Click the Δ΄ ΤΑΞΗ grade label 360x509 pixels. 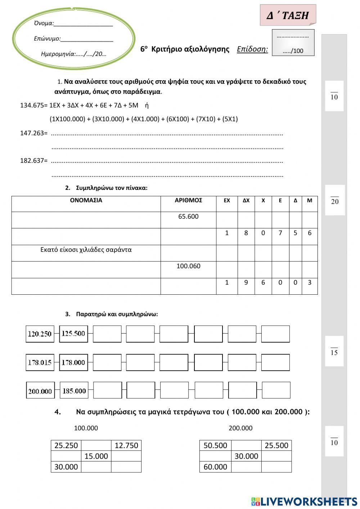[288, 15]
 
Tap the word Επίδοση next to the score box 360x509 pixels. [252, 49]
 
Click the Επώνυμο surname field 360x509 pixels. [73, 39]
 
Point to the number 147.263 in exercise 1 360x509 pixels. [33, 133]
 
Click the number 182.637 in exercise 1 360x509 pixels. [33, 161]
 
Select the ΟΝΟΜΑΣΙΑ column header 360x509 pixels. [86, 200]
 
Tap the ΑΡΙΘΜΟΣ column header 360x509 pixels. [188, 200]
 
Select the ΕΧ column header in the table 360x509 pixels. [227, 201]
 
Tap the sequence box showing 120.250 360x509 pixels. [40, 334]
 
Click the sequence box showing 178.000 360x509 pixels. [73, 362]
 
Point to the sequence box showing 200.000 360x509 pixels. [40, 391]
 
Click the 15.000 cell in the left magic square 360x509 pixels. [96, 456]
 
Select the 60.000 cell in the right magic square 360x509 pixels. [215, 467]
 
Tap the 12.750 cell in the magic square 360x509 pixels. [126, 446]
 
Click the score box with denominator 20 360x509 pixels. [335, 200]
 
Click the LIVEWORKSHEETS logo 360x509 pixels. [304, 501]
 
